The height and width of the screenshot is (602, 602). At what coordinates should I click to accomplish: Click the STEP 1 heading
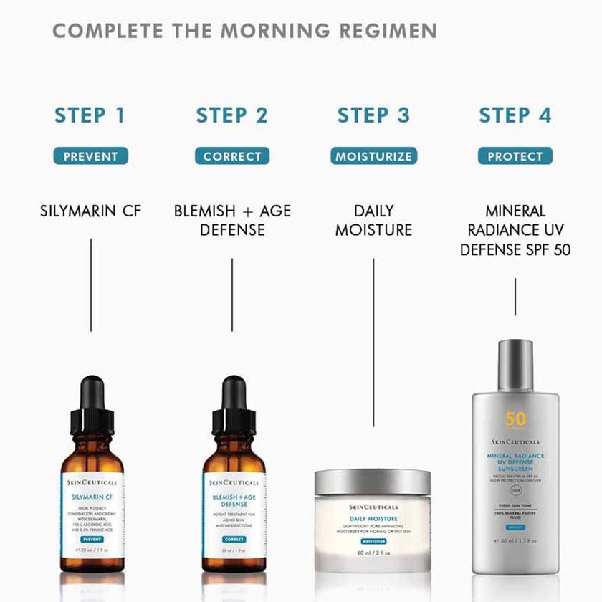point(90,115)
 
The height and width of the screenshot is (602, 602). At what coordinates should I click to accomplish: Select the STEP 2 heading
point(231,115)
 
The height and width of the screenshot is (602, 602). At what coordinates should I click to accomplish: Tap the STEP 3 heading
point(373,115)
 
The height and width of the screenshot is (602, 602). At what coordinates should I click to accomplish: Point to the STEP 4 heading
point(515,115)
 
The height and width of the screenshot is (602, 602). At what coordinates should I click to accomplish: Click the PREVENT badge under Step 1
point(90,156)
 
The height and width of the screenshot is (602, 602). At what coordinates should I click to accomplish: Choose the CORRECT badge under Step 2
point(232,156)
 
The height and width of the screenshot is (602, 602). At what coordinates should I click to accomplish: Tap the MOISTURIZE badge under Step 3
point(373,156)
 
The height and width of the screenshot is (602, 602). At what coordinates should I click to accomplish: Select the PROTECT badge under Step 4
point(515,156)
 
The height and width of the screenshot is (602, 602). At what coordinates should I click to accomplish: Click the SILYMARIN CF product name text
point(90,211)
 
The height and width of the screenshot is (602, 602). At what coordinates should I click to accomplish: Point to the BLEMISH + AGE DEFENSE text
point(232,220)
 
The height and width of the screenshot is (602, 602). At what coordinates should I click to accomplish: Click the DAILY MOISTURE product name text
point(373,220)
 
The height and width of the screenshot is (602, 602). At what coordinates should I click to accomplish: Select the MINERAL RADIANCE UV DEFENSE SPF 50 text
point(515,231)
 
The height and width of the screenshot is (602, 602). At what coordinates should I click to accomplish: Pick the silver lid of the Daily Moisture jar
point(373,482)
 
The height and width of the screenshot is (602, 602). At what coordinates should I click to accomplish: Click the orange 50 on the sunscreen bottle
point(515,420)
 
